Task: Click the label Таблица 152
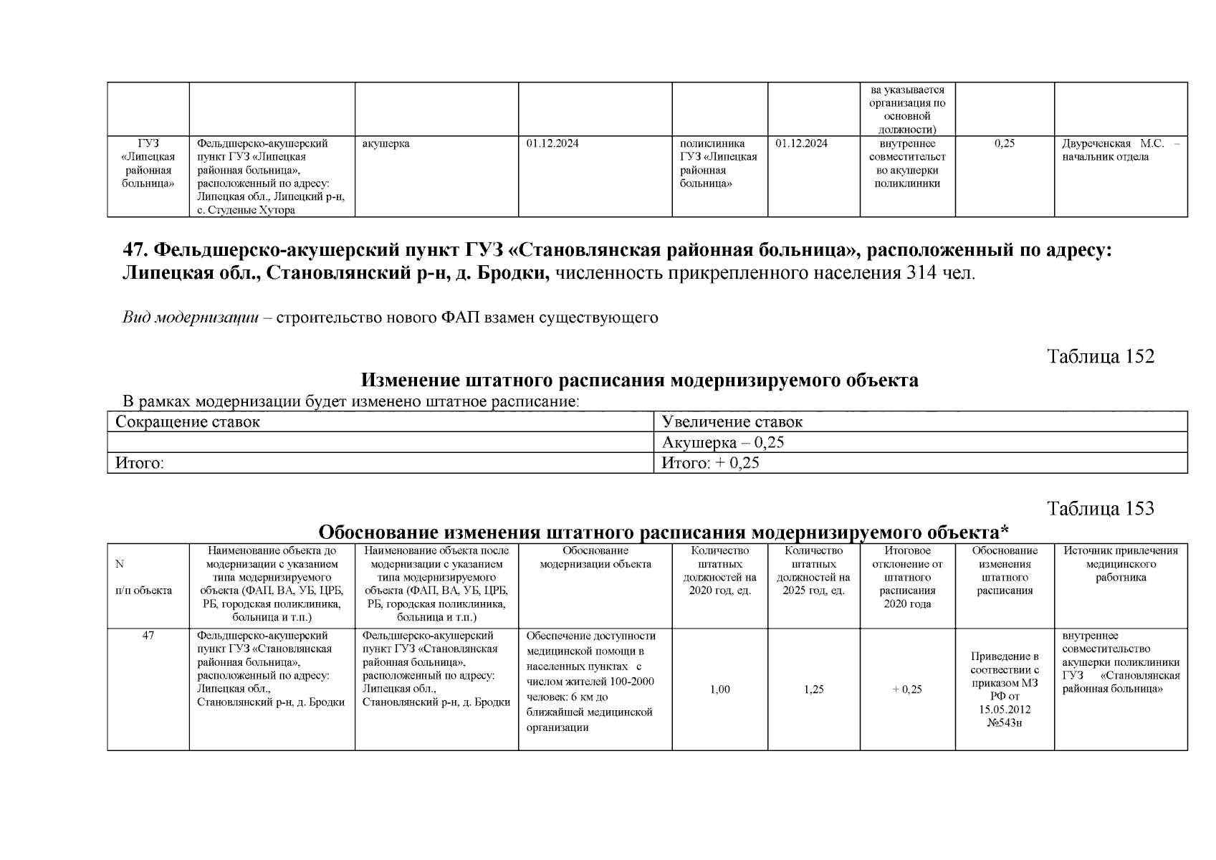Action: pos(1101,356)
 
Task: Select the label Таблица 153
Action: pos(1101,509)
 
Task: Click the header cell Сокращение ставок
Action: pos(188,421)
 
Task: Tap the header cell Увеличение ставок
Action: pos(732,421)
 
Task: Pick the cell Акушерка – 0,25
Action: pos(723,442)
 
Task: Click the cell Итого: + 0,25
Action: pos(710,463)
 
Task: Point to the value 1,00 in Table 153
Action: pos(719,689)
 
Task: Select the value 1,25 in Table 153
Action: pos(813,689)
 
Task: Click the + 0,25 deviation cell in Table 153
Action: pos(907,689)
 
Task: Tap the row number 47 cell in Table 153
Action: pos(148,636)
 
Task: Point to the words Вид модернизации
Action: pos(191,317)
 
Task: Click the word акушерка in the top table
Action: pos(386,143)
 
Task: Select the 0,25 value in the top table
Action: pos(1005,143)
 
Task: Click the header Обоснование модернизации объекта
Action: pos(595,558)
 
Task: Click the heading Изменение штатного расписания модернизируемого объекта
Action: pos(639,380)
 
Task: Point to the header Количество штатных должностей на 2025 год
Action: pos(813,570)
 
